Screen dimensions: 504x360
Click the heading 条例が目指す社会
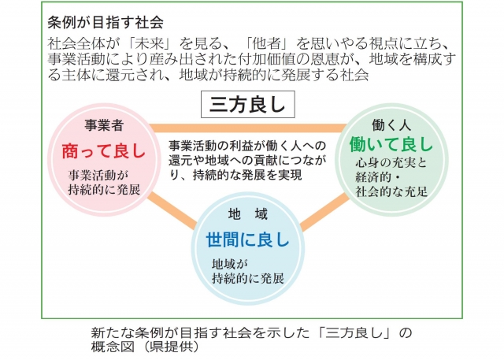[x=106, y=22]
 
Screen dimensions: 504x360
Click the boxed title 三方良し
[x=248, y=105]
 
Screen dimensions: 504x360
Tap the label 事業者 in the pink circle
[x=104, y=125]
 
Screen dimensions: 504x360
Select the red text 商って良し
[x=104, y=151]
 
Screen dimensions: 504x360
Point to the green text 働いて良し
[x=391, y=143]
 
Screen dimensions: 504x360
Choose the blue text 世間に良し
[x=248, y=239]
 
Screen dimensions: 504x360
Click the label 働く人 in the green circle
[x=391, y=125]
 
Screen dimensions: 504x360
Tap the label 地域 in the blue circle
[x=248, y=214]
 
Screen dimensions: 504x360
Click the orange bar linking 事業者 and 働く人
[x=248, y=128]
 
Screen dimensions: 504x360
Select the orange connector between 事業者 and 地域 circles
[x=172, y=210]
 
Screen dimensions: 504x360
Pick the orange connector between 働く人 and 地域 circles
[x=324, y=212]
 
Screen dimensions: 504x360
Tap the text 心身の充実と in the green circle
[x=391, y=163]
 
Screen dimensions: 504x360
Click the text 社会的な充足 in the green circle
[x=391, y=191]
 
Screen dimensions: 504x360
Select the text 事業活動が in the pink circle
[x=98, y=175]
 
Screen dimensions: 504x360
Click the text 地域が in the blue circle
[x=230, y=264]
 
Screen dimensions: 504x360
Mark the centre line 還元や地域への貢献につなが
[x=247, y=160]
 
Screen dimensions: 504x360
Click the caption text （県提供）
[x=171, y=347]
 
